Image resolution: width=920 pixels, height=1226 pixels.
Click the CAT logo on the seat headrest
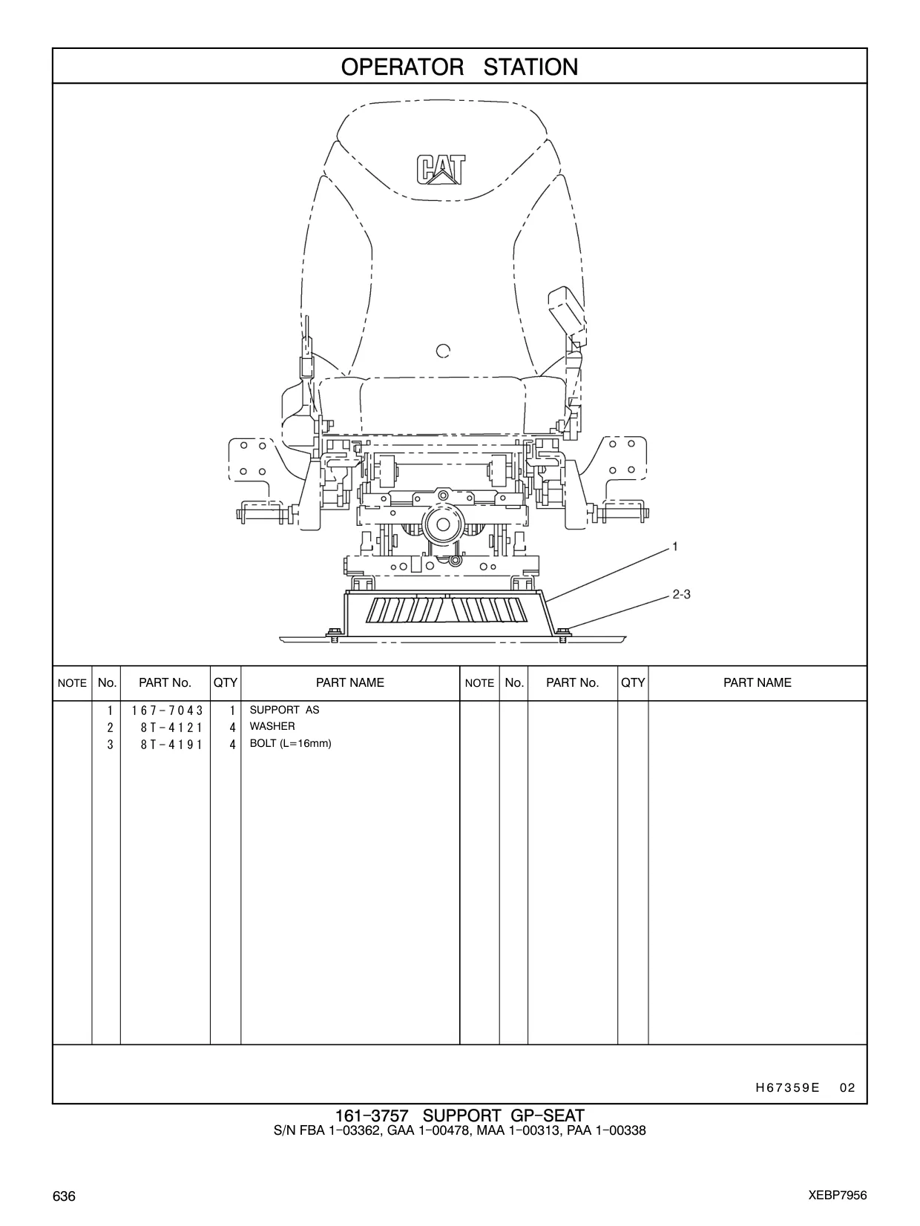tap(441, 169)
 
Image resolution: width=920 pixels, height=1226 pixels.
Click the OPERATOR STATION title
tap(459, 67)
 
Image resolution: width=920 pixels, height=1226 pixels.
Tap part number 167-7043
tap(168, 711)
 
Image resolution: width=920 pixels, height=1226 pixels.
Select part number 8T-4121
tap(171, 728)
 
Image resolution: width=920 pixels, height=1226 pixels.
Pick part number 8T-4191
tap(171, 745)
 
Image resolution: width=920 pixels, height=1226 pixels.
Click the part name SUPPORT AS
tap(284, 710)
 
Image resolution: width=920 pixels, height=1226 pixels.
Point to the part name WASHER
tap(272, 726)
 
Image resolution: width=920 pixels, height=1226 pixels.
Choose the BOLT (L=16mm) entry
tap(290, 743)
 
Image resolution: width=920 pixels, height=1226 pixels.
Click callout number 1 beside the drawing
tap(674, 547)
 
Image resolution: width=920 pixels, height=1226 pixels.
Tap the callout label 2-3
tap(682, 594)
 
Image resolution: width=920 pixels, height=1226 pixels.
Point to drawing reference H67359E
tap(788, 1087)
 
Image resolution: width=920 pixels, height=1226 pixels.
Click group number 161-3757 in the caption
tap(372, 1115)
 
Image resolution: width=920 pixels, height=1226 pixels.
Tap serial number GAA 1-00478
tap(430, 1130)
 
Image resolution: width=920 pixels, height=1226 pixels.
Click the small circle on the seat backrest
tap(443, 351)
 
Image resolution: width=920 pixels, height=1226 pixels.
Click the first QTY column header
tap(225, 682)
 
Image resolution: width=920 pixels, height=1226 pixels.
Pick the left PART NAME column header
tap(350, 682)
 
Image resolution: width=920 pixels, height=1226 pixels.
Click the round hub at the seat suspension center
tap(443, 524)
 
